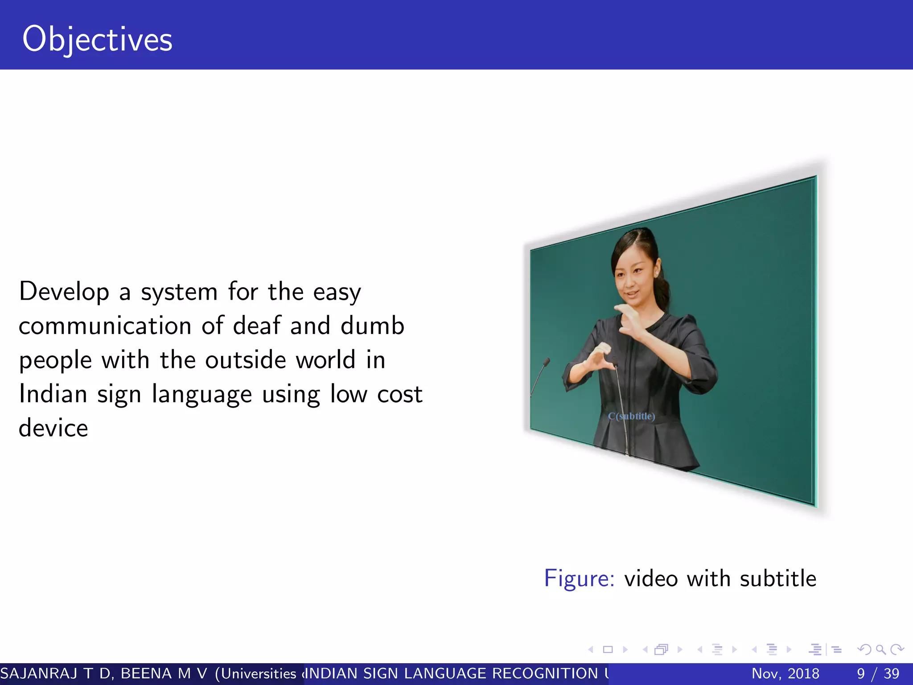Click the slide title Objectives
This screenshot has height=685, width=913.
click(97, 39)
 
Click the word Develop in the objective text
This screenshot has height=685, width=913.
click(64, 292)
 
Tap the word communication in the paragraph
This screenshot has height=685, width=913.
click(105, 326)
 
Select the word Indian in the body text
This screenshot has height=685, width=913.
click(53, 394)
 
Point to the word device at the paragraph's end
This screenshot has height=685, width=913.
click(53, 428)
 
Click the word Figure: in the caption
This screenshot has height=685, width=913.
click(579, 578)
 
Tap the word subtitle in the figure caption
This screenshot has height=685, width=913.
click(778, 578)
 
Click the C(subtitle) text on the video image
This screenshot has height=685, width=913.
click(631, 416)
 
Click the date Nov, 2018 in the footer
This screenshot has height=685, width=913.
click(785, 673)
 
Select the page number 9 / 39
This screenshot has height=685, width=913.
click(878, 673)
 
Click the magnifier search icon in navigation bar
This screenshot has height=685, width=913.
click(880, 650)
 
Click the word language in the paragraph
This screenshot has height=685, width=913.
click(202, 395)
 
